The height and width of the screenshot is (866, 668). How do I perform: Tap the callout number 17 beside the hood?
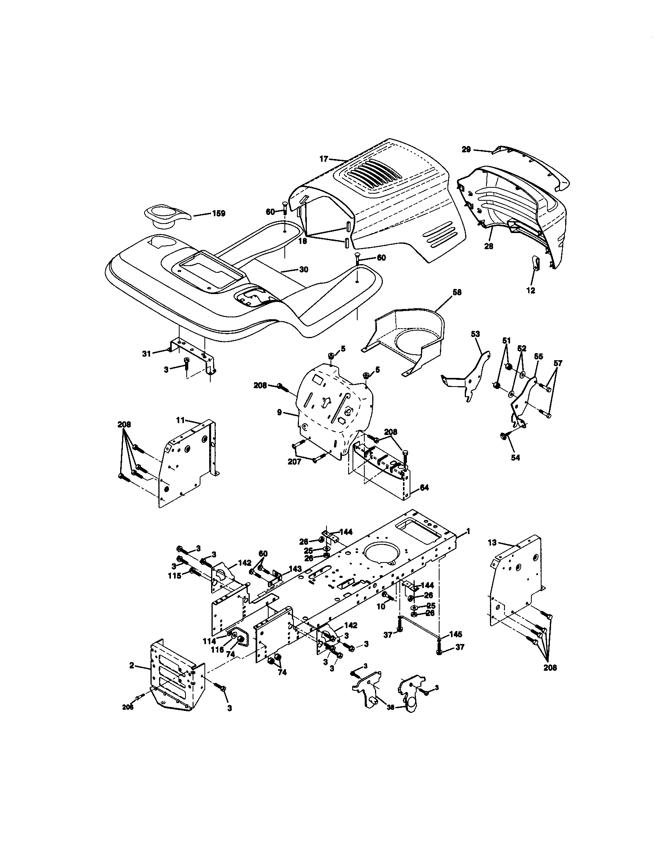(324, 159)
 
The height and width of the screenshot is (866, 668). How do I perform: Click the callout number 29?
(466, 149)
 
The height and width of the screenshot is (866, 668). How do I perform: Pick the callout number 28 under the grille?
(489, 246)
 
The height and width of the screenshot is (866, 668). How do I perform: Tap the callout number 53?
(475, 334)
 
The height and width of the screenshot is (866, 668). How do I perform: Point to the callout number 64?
(424, 488)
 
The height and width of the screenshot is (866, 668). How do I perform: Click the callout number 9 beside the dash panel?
(279, 413)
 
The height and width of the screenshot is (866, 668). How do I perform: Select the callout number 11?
(181, 419)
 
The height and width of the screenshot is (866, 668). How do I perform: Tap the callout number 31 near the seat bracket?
(147, 353)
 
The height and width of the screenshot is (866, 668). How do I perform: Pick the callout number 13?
(492, 542)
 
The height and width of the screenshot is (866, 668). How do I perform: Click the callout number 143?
(295, 568)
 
